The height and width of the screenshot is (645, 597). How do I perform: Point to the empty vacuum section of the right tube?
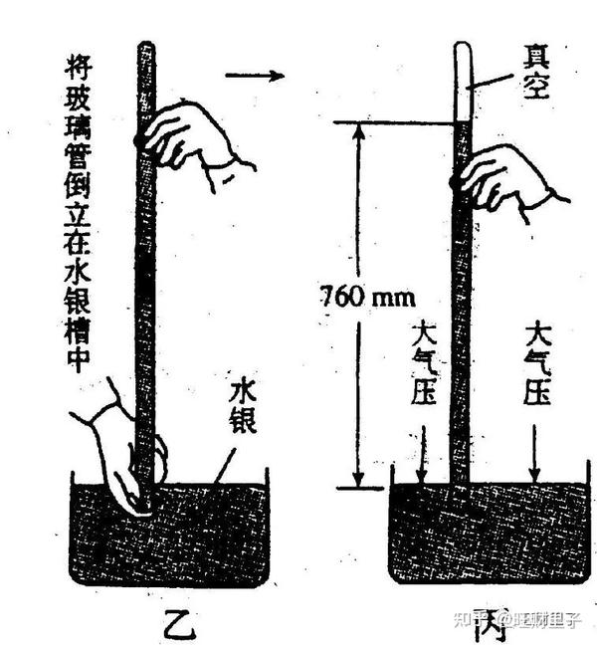coord(462,80)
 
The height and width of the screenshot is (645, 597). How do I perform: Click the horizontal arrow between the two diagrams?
coord(254,74)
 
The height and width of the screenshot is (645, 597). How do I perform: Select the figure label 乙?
coord(180,621)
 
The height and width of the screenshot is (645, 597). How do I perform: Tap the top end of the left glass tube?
coord(146,47)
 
